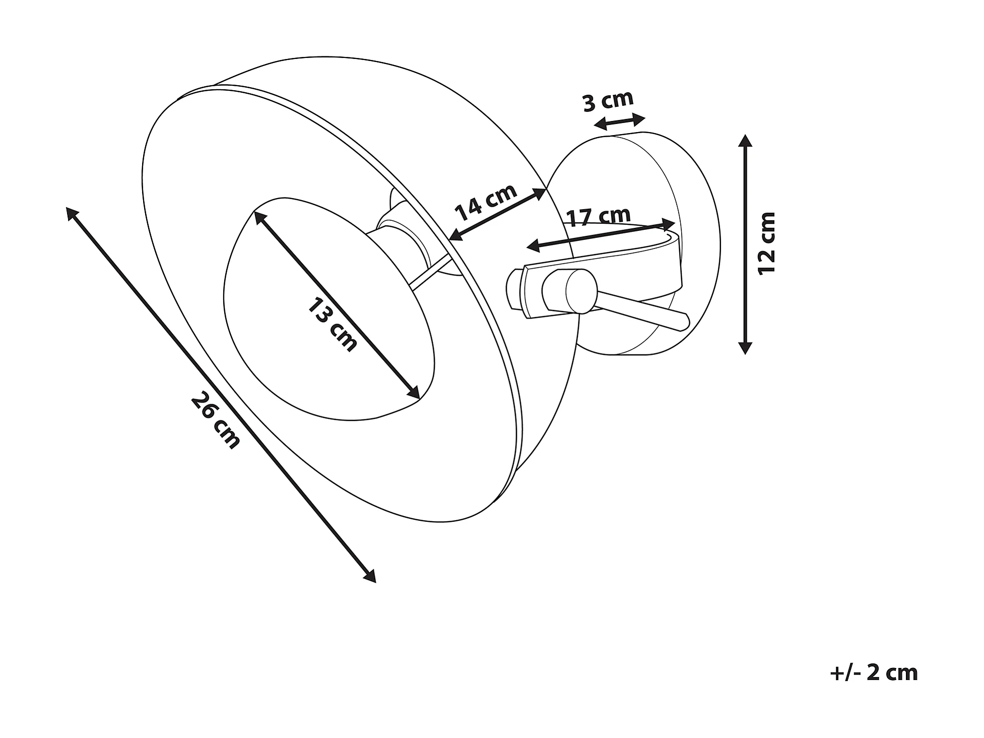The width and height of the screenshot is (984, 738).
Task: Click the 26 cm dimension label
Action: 215,421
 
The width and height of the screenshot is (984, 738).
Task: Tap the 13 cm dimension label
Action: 332,325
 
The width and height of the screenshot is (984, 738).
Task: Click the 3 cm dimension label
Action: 608,101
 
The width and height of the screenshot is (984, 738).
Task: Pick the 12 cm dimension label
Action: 767,243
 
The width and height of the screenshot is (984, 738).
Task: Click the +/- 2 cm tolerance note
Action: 874,673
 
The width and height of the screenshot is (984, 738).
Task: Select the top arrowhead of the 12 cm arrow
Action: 745,140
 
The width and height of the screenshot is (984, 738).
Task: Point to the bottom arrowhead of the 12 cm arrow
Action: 745,348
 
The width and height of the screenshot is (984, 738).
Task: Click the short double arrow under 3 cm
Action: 619,121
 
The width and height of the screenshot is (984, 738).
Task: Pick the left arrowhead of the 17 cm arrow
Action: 532,246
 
